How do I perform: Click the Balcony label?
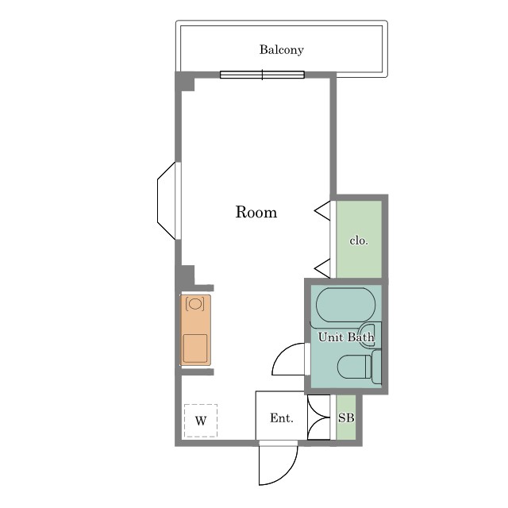281,49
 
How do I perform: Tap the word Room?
256,212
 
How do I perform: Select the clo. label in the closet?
359,241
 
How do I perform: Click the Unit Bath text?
346,337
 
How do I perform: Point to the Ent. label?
282,418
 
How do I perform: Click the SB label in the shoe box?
346,418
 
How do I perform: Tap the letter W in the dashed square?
201,421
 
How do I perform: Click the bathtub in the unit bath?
346,305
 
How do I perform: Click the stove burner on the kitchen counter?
195,304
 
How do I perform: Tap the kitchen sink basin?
195,348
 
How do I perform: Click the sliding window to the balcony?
262,75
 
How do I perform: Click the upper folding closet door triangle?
323,211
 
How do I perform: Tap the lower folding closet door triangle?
323,268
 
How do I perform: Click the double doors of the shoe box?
319,418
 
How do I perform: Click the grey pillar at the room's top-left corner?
185,82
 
